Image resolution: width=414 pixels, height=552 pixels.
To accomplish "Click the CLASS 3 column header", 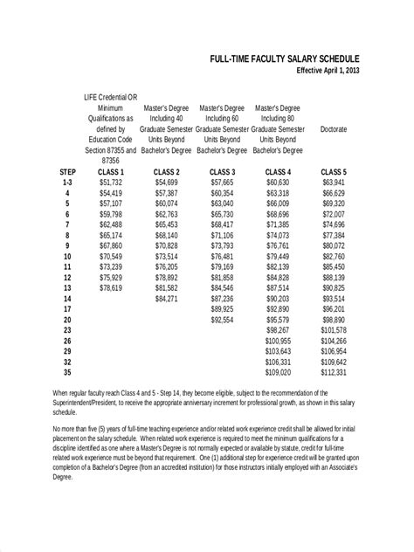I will pyautogui.click(x=223, y=172).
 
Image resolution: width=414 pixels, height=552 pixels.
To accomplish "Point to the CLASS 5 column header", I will pyautogui.click(x=334, y=172).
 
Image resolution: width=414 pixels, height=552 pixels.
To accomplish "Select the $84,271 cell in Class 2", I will pyautogui.click(x=167, y=298).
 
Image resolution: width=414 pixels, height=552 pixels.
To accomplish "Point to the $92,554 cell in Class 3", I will pyautogui.click(x=223, y=319).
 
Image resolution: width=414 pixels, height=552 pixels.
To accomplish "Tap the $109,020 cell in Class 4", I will pyautogui.click(x=278, y=371).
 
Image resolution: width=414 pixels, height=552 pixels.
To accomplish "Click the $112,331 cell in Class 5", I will pyautogui.click(x=334, y=371).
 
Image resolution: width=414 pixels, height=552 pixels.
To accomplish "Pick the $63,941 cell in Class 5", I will pyautogui.click(x=334, y=183).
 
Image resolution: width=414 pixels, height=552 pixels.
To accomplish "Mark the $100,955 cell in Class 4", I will pyautogui.click(x=278, y=340).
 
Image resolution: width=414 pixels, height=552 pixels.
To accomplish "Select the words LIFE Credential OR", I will pyautogui.click(x=111, y=98).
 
